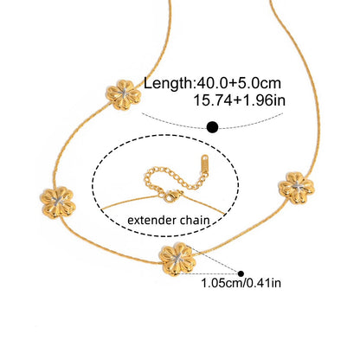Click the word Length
(x=168, y=84)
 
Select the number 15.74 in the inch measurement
(x=213, y=100)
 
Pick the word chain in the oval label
(x=195, y=221)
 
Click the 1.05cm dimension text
(x=222, y=283)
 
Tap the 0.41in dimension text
(x=264, y=283)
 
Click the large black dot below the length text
(x=213, y=127)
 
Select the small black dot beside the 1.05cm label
(x=241, y=273)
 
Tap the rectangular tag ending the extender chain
(x=204, y=164)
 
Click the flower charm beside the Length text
(x=124, y=95)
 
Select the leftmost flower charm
(x=58, y=202)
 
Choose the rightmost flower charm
(x=297, y=188)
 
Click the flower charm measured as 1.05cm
(x=177, y=259)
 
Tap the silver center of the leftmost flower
(x=59, y=202)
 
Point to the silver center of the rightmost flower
(x=297, y=187)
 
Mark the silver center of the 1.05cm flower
(x=177, y=258)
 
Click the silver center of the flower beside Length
(x=124, y=93)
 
